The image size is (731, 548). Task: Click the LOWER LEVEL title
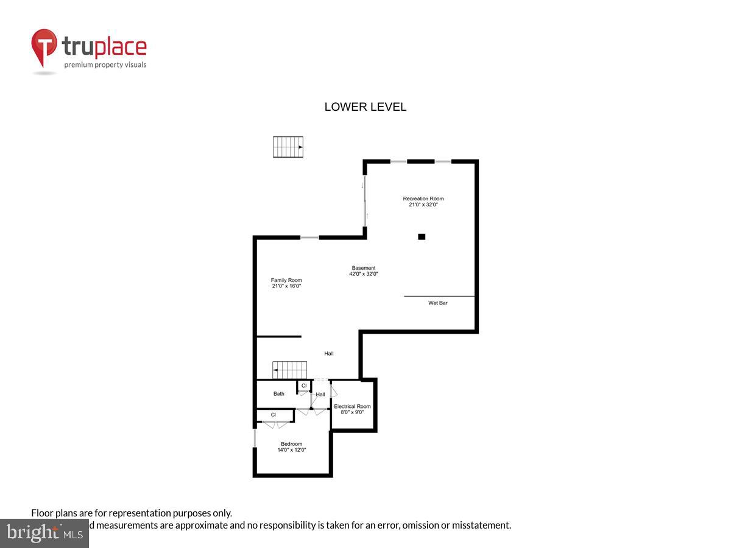pyautogui.click(x=365, y=107)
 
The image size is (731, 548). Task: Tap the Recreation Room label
pyautogui.click(x=423, y=198)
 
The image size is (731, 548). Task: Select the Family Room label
pyautogui.click(x=286, y=280)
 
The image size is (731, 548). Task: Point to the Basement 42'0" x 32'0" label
pyautogui.click(x=364, y=271)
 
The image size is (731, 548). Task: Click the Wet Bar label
pyautogui.click(x=437, y=303)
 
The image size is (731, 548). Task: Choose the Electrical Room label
pyautogui.click(x=352, y=406)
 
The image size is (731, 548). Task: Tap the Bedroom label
pyautogui.click(x=291, y=444)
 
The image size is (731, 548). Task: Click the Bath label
pyautogui.click(x=278, y=394)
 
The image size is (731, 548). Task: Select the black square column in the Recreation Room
pyautogui.click(x=422, y=236)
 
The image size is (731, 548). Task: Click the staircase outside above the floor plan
pyautogui.click(x=288, y=147)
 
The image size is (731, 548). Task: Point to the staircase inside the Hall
pyautogui.click(x=289, y=370)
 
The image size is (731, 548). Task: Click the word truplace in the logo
pyautogui.click(x=104, y=47)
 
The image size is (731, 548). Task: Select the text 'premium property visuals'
pyautogui.click(x=105, y=65)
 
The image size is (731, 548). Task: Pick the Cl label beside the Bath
pyautogui.click(x=304, y=385)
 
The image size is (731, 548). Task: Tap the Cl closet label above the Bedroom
pyautogui.click(x=274, y=415)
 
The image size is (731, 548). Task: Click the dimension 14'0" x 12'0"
pyautogui.click(x=291, y=451)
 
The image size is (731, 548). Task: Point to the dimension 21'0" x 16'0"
pyautogui.click(x=286, y=286)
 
